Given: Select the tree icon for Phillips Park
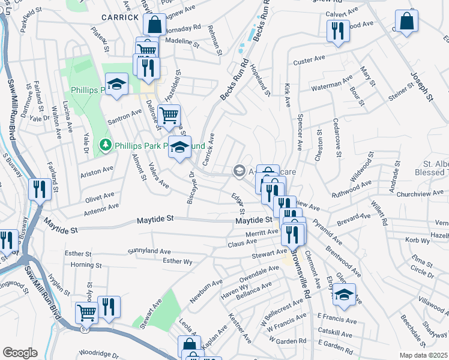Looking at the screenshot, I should (106, 145).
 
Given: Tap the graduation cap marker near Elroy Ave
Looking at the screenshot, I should (345, 294).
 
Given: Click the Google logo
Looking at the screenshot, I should (20, 352).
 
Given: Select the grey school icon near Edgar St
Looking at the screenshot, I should (239, 172).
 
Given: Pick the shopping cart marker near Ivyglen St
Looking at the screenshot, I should (86, 313).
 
